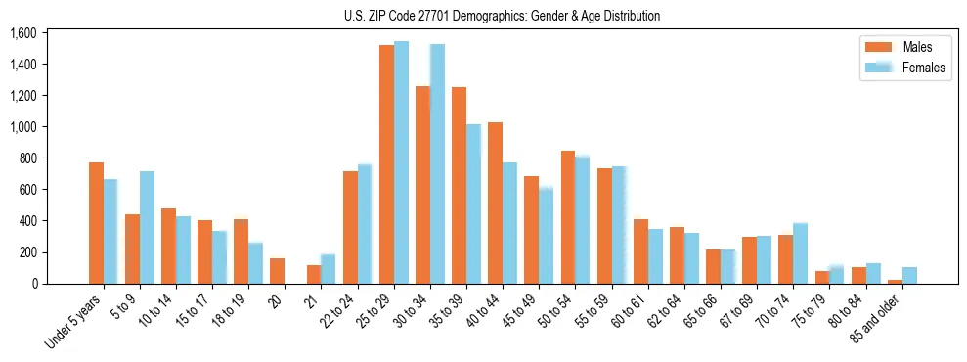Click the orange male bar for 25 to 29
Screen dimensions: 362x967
386,164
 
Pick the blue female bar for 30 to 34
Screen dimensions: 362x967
437,164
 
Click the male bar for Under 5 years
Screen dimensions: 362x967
96,223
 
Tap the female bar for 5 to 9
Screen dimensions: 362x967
147,228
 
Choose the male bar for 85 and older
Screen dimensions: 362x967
895,282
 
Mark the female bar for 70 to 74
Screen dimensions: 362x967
801,253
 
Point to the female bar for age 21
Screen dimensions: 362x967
328,269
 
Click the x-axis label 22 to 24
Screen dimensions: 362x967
335,316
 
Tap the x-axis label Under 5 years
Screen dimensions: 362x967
77,323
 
